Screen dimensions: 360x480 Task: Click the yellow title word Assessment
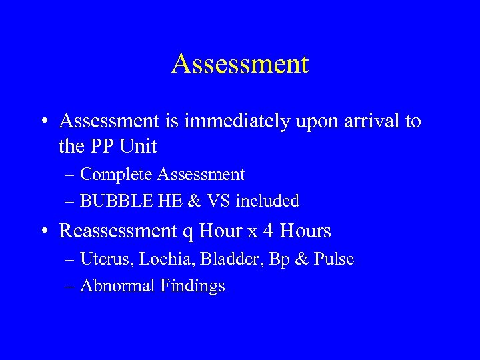click(240, 64)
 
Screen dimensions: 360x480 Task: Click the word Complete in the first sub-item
click(117, 175)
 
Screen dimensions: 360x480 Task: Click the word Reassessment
click(118, 232)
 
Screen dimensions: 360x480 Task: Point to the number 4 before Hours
click(269, 231)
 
